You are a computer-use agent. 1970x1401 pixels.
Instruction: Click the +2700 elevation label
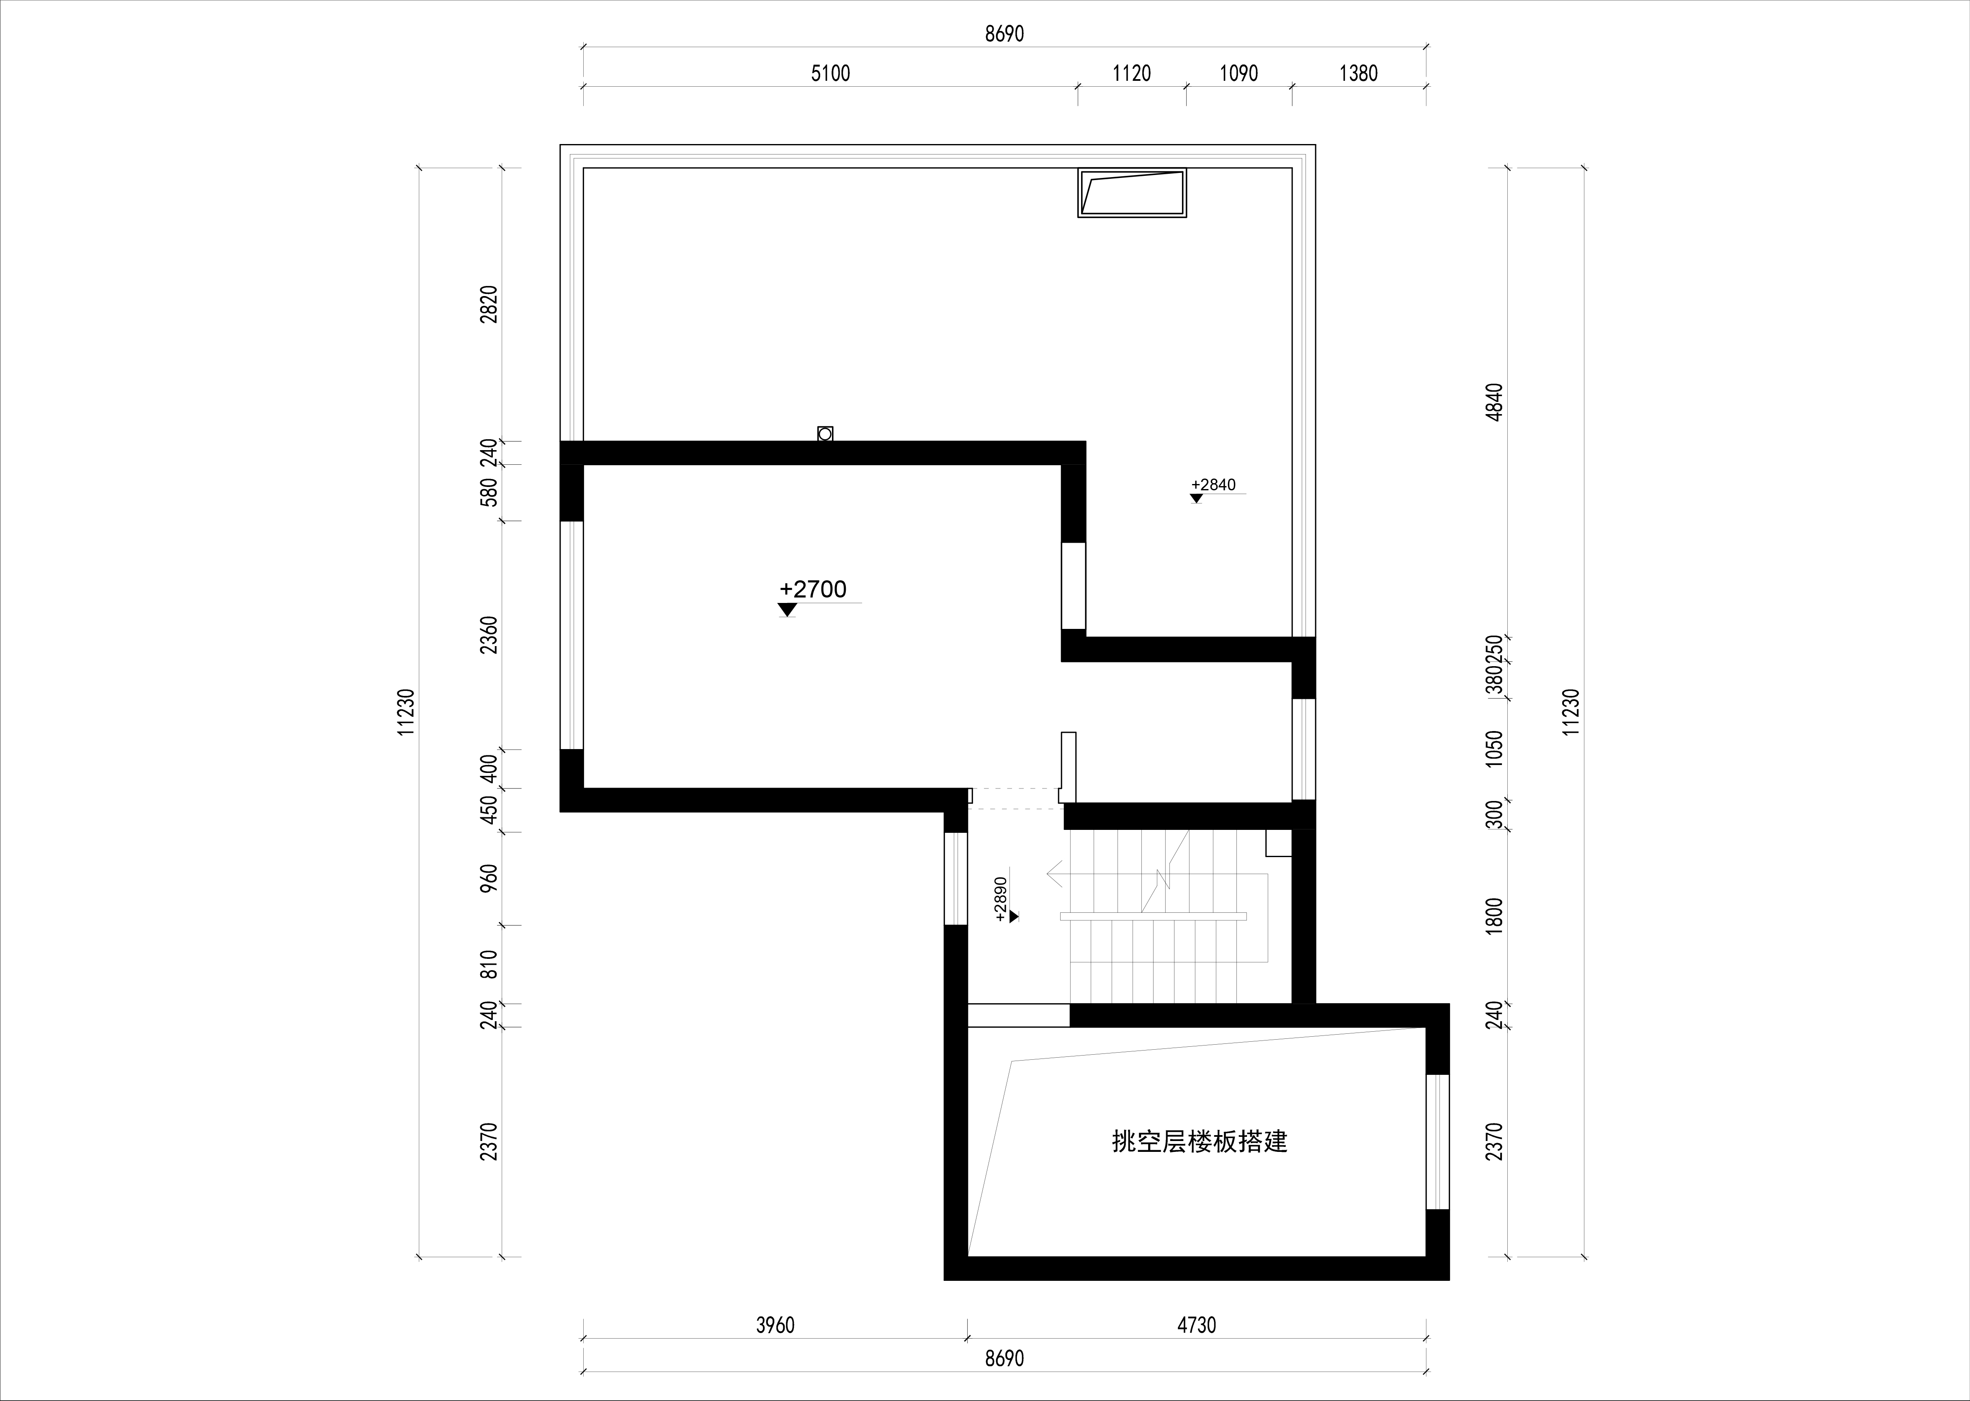(x=813, y=589)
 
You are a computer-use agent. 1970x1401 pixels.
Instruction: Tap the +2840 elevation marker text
(x=1213, y=485)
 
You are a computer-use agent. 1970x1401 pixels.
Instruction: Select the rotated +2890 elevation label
(x=1001, y=900)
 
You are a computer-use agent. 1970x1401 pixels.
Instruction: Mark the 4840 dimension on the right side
(x=1495, y=402)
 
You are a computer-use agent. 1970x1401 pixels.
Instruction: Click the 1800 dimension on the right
(x=1495, y=914)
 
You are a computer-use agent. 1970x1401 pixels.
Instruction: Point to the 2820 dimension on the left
(x=489, y=304)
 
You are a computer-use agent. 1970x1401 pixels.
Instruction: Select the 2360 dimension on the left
(x=489, y=635)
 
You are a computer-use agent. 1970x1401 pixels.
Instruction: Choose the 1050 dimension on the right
(x=1495, y=749)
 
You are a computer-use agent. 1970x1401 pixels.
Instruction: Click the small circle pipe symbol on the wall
(x=824, y=434)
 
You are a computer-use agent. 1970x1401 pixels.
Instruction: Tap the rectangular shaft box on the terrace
(x=1132, y=192)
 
